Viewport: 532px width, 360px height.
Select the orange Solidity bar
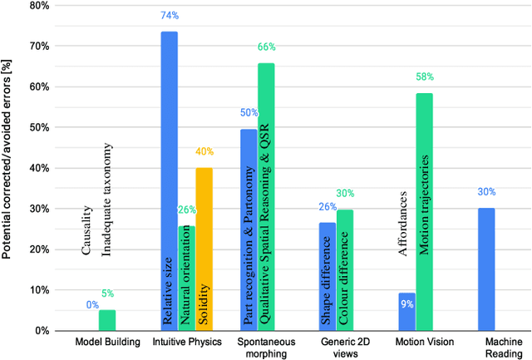pyautogui.click(x=204, y=249)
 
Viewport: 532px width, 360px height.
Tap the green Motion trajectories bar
pyautogui.click(x=424, y=212)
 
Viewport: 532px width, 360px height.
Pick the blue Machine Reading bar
pyautogui.click(x=486, y=269)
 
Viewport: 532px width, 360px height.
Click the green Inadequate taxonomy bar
pyautogui.click(x=107, y=321)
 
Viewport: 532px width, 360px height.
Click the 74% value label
pyautogui.click(x=169, y=16)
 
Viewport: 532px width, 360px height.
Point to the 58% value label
pyautogui.click(x=425, y=77)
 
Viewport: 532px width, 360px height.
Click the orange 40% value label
pyautogui.click(x=204, y=152)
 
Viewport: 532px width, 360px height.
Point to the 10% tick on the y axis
pyautogui.click(x=36, y=290)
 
